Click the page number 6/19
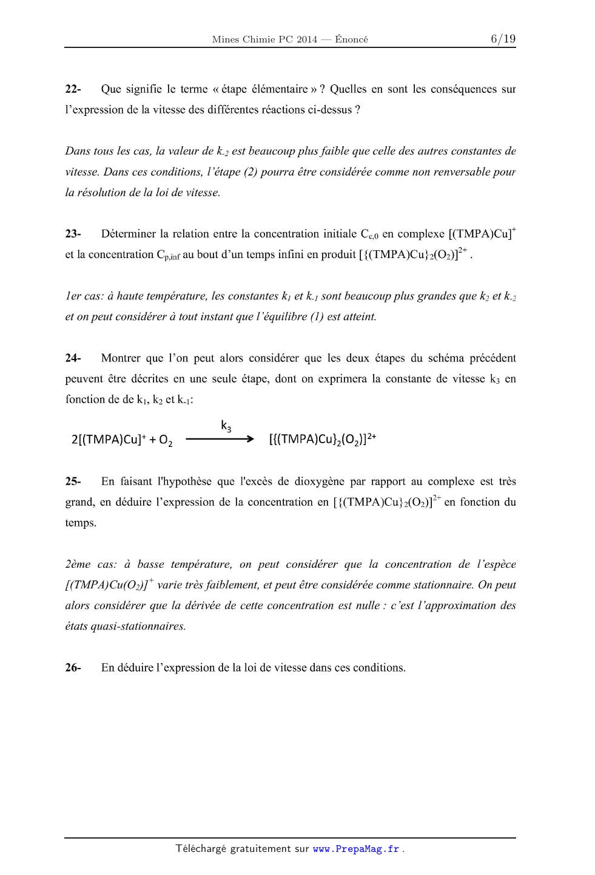[503, 39]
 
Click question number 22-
[73, 89]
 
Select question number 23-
[73, 234]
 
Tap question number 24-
[73, 358]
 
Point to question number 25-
[73, 482]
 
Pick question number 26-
[73, 668]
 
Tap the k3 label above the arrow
[226, 426]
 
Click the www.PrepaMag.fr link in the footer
[356, 849]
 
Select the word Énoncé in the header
[351, 40]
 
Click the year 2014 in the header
[306, 40]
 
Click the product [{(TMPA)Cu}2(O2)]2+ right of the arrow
[322, 439]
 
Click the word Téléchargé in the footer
[200, 849]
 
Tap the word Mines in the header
[225, 40]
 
